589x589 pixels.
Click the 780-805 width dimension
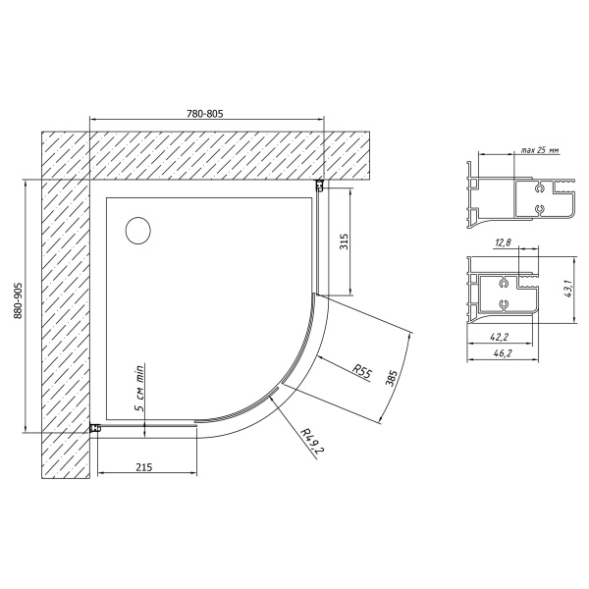click(205, 114)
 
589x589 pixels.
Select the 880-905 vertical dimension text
click(18, 301)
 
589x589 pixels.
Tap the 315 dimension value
click(345, 241)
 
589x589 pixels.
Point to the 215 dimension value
click(144, 467)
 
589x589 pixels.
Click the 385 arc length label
click(392, 379)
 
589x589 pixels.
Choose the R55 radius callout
click(361, 372)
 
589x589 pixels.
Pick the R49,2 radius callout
click(312, 440)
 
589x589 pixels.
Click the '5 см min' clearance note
click(139, 388)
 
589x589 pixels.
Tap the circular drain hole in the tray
click(138, 231)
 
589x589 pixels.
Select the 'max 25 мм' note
click(540, 150)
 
